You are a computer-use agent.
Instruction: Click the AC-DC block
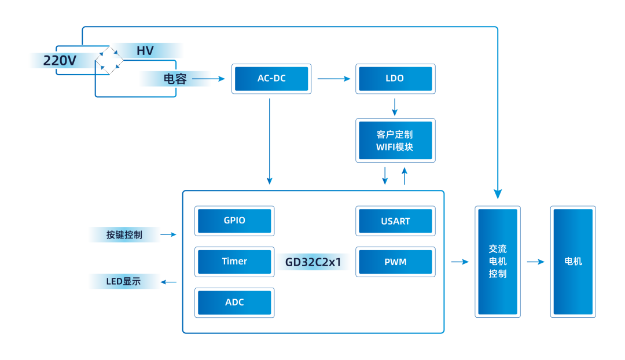point(271,79)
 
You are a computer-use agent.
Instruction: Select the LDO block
point(395,79)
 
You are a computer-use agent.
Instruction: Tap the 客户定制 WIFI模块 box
point(395,141)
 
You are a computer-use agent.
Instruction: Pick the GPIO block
point(234,221)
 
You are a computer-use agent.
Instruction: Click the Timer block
point(234,262)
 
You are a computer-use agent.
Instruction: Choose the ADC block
point(234,303)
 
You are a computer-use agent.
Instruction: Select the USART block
point(395,221)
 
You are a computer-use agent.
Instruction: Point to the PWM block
point(395,262)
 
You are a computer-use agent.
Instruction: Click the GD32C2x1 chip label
point(313,262)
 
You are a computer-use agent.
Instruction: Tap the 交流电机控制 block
point(498,262)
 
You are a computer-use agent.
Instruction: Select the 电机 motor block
point(573,262)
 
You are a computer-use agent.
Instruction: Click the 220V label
point(61,60)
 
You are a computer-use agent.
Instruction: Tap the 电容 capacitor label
point(175,79)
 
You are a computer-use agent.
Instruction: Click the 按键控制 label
point(124,234)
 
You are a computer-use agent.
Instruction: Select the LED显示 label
point(124,282)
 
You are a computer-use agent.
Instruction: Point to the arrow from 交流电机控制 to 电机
point(536,262)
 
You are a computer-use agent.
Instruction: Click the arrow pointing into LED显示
point(169,282)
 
